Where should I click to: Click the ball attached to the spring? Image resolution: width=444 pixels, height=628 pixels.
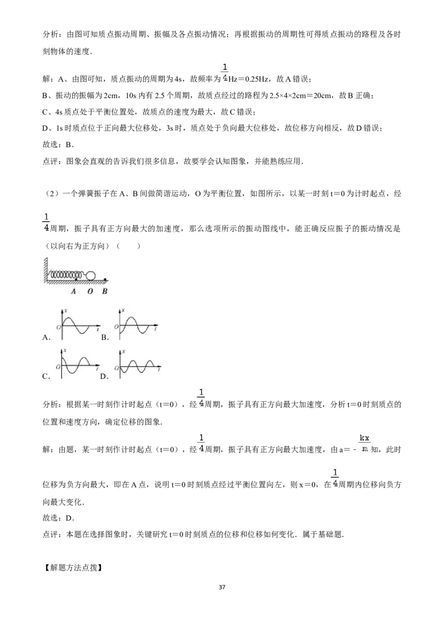tap(91, 276)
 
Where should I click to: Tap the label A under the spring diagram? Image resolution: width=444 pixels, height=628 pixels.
tap(73, 292)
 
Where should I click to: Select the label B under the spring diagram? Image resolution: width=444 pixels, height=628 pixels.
tap(104, 292)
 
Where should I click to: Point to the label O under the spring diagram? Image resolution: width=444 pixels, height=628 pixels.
tap(90, 292)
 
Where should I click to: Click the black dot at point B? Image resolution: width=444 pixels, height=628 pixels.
tap(105, 280)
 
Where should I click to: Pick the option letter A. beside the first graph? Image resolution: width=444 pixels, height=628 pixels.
tap(46, 338)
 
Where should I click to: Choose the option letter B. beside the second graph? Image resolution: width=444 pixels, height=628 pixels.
tap(105, 338)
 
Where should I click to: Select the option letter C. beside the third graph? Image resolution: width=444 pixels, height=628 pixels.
tap(46, 377)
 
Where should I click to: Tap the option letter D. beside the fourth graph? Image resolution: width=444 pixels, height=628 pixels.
tap(104, 377)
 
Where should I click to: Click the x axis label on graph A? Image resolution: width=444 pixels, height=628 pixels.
tap(65, 311)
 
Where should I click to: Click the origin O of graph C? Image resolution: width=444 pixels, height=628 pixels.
tap(58, 367)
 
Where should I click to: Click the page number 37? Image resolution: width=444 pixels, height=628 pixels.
tap(222, 588)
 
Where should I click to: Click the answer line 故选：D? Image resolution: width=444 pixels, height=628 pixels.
tap(58, 518)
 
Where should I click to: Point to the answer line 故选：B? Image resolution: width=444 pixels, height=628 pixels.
tap(58, 145)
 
